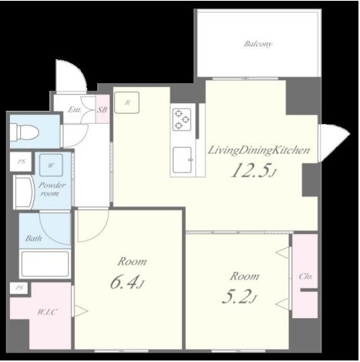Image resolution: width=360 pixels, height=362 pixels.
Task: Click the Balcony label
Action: pyautogui.click(x=257, y=44)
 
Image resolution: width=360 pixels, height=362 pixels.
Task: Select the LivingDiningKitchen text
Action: pyautogui.click(x=259, y=150)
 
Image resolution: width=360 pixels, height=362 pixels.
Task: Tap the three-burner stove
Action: pyautogui.click(x=182, y=119)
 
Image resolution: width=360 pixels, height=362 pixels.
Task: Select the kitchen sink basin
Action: pyautogui.click(x=182, y=159)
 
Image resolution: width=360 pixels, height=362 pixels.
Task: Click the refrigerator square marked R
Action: pyautogui.click(x=127, y=102)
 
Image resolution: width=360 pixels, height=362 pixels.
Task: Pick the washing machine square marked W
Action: pyautogui.click(x=51, y=165)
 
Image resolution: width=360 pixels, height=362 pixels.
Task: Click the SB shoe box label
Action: pyautogui.click(x=102, y=110)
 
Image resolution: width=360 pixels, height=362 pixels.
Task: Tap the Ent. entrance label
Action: pyautogui.click(x=75, y=110)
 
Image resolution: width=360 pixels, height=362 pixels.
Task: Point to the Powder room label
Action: pyautogui.click(x=52, y=189)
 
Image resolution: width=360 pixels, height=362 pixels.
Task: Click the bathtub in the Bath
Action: pyautogui.click(x=45, y=264)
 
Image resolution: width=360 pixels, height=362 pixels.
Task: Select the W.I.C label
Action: pyautogui.click(x=47, y=312)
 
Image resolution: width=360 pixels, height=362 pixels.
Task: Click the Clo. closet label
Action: pyautogui.click(x=306, y=277)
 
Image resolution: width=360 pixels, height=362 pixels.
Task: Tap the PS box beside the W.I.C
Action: pyautogui.click(x=19, y=288)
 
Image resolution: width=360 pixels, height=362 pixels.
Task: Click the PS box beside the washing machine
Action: pyautogui.click(x=21, y=162)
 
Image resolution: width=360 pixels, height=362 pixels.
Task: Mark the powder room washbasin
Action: pyautogui.click(x=24, y=192)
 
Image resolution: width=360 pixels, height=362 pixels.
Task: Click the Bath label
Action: pyautogui.click(x=33, y=239)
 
